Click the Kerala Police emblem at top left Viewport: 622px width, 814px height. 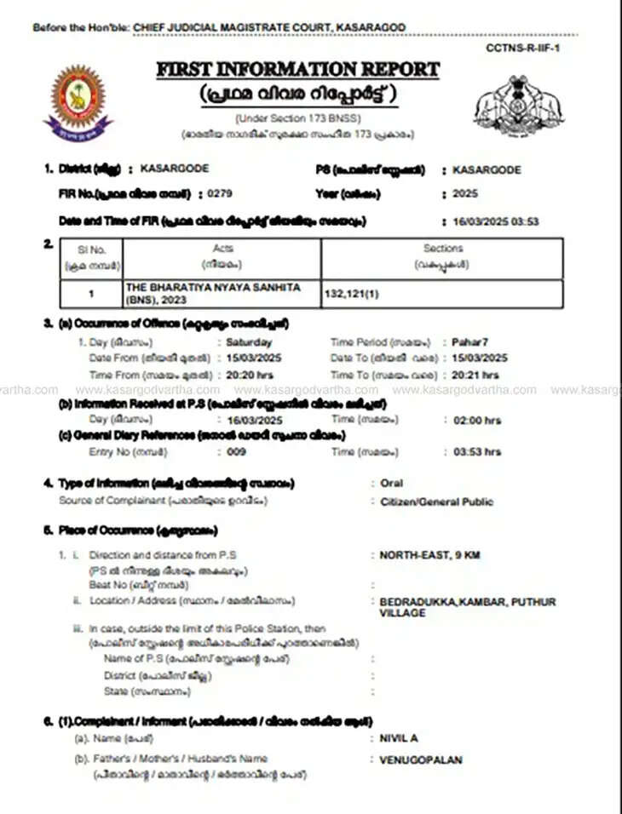(x=78, y=101)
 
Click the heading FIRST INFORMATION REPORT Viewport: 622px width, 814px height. (x=297, y=70)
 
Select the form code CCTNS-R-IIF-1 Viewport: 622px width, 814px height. (x=523, y=48)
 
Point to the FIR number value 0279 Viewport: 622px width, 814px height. (x=221, y=194)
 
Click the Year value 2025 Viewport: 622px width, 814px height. (x=465, y=194)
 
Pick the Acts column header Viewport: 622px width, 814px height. (x=222, y=249)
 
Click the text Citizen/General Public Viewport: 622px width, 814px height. (x=436, y=502)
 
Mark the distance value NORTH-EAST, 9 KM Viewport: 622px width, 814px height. (x=429, y=555)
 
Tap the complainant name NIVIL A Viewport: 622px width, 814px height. (x=399, y=738)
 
